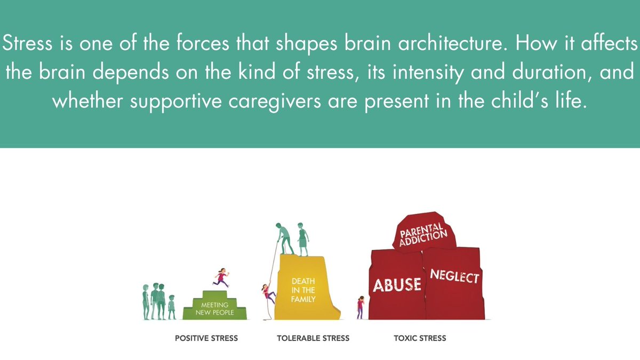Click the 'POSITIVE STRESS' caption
point(206,338)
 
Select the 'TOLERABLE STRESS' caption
point(313,338)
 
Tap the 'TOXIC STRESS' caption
point(420,338)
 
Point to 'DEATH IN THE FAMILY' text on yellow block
point(303,290)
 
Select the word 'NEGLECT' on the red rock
point(455,277)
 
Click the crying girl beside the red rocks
point(361,308)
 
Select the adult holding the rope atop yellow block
point(283,238)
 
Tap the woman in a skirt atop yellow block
point(303,239)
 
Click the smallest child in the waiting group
point(171,307)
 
